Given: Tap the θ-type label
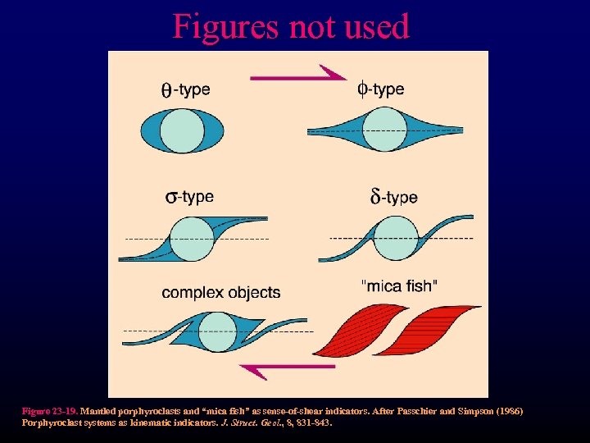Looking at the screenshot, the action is tap(184, 89).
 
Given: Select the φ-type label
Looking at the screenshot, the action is tap(380, 89).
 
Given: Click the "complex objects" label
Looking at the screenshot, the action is tap(220, 292).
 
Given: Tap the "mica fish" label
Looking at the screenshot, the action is tap(399, 285).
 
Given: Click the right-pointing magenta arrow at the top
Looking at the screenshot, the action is tap(299, 77).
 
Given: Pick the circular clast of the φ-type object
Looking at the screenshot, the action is tap(384, 130).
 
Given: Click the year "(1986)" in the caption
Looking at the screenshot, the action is tap(507, 410).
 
